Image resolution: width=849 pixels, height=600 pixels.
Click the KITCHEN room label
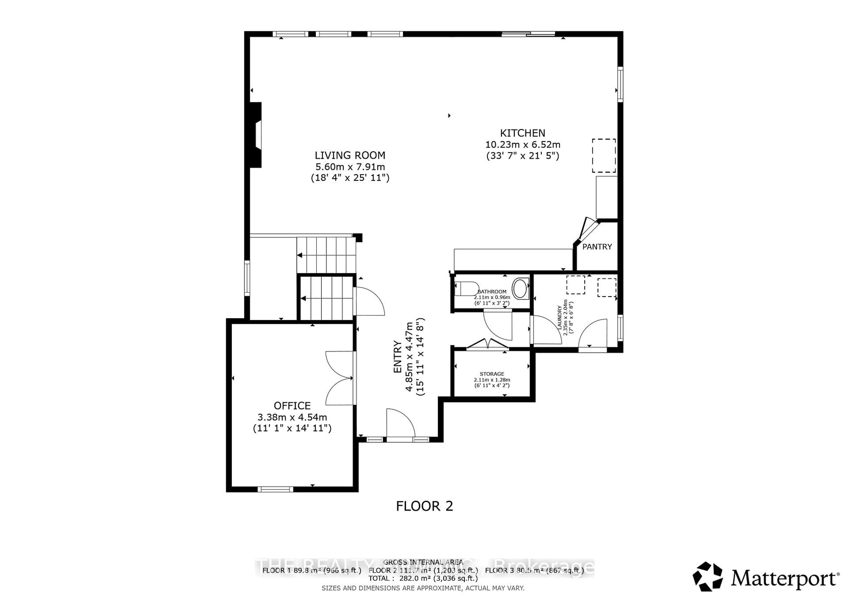tap(522, 133)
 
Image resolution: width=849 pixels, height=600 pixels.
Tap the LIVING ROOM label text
tap(350, 156)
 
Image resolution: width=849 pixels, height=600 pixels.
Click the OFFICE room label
tap(292, 406)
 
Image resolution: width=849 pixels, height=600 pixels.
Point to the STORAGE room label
tap(492, 374)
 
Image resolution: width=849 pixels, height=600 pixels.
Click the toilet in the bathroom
tap(467, 289)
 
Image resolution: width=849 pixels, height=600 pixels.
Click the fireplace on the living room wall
tap(256, 135)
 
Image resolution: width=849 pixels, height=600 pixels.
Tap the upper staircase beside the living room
tap(325, 255)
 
